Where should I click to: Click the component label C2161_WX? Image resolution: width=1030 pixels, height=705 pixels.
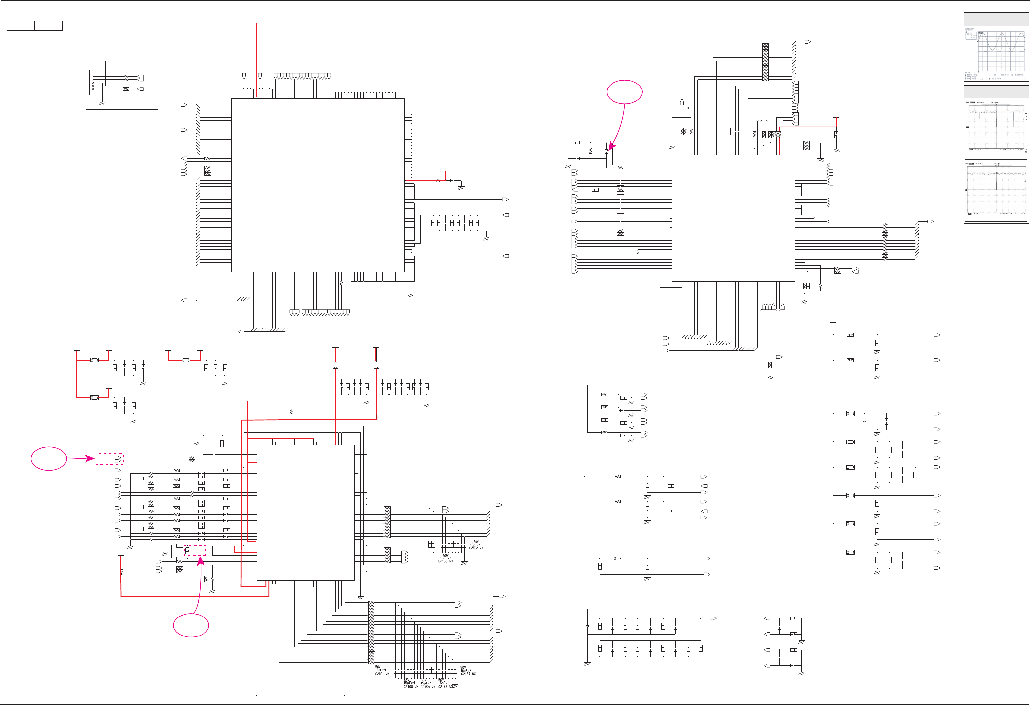[x=382, y=674]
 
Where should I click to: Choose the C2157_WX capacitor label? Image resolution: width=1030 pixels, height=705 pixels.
[x=468, y=674]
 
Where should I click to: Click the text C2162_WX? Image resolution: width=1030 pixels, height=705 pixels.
[x=476, y=548]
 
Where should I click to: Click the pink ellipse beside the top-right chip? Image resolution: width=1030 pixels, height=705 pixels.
[x=624, y=92]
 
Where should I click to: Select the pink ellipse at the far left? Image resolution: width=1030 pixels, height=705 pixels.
[x=49, y=459]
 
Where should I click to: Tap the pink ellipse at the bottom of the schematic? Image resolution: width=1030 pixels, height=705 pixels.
[x=191, y=625]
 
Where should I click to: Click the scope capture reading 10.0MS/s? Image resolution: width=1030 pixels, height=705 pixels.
[x=996, y=127]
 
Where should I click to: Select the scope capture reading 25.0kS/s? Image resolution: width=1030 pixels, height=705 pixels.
[x=996, y=188]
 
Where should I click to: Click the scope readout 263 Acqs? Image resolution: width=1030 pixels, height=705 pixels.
[x=995, y=103]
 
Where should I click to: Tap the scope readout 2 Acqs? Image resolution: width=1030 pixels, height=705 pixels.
[x=996, y=164]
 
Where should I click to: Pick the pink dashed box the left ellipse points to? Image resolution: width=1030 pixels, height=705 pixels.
[x=109, y=459]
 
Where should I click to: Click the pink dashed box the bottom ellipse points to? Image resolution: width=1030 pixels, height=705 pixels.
[x=195, y=550]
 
